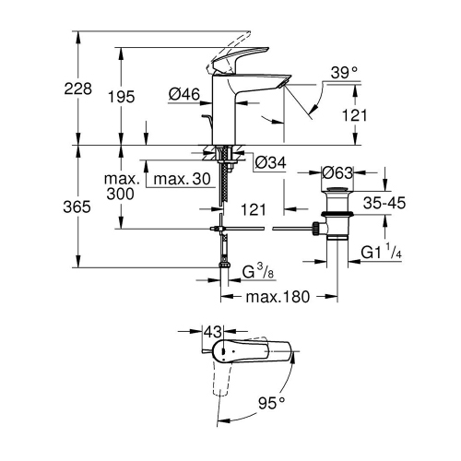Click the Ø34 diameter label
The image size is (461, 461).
[x=270, y=162]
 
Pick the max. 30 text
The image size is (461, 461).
[x=184, y=178]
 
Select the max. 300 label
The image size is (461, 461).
[x=121, y=186]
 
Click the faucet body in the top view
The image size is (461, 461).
[x=249, y=353]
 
